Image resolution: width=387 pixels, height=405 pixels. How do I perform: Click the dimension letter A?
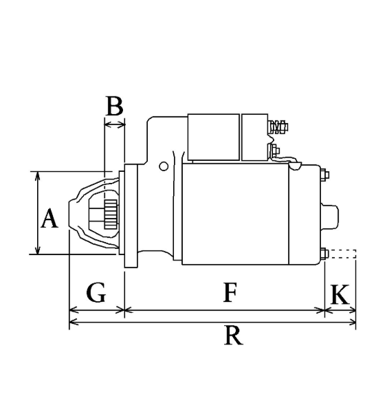tap(49, 219)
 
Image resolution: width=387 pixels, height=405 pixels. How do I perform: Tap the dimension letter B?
tap(114, 106)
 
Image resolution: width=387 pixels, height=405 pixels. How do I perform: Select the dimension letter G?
tap(96, 293)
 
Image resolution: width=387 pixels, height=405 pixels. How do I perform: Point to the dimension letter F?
tap(230, 292)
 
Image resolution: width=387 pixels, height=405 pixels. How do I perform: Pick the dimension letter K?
tap(340, 294)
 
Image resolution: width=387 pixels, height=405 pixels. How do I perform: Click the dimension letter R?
tap(234, 336)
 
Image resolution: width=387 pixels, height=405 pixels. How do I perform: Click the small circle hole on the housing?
tap(164, 166)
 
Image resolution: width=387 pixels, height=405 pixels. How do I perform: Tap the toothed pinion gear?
tap(111, 214)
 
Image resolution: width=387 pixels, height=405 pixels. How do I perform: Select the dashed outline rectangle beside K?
tap(342, 254)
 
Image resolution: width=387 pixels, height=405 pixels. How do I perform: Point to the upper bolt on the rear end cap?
tap(324, 175)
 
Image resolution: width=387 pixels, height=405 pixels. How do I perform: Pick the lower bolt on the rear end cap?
tap(324, 254)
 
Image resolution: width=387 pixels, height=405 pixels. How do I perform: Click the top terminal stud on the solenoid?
tap(278, 127)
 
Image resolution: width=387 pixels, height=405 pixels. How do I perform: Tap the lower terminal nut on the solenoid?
tap(275, 151)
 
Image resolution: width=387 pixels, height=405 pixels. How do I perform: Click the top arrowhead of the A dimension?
tap(38, 175)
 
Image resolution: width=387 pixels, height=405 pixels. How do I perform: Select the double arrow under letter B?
tap(114, 125)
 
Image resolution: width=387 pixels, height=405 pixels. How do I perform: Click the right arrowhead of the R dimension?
tap(352, 322)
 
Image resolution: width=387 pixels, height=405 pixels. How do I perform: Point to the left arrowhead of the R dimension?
tap(74, 322)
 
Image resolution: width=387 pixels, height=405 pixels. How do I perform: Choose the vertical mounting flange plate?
tap(131, 216)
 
